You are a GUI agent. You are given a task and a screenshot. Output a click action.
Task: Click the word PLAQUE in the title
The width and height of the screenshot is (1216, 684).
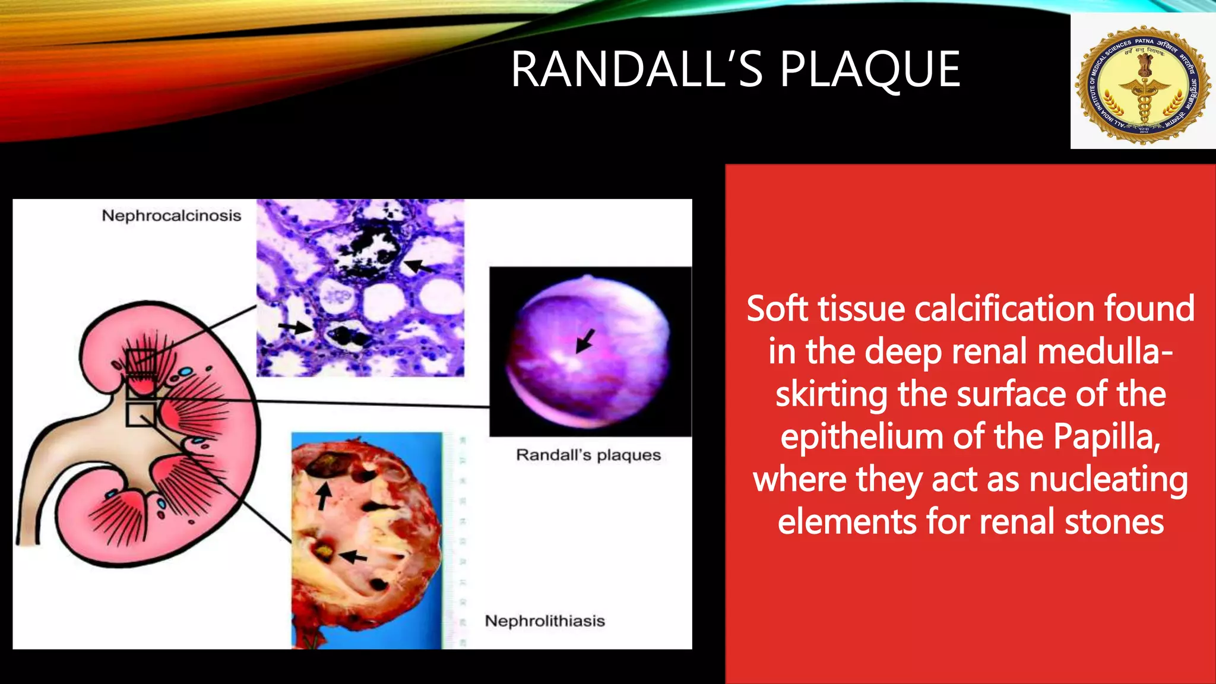(870, 70)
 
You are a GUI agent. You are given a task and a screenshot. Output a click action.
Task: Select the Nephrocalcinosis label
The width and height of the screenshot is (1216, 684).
(171, 216)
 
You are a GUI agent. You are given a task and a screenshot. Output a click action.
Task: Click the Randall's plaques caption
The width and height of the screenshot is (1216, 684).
(588, 455)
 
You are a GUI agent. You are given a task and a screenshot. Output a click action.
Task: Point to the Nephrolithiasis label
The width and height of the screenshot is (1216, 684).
(544, 621)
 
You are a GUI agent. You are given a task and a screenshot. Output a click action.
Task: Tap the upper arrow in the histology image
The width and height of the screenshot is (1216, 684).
(418, 266)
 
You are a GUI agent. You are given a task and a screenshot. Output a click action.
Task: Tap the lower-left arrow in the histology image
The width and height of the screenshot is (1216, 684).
(296, 327)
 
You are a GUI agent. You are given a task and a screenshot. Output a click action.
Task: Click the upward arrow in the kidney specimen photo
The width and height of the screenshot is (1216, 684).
(323, 495)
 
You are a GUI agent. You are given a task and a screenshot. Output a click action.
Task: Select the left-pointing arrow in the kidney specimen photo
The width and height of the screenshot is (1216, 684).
(353, 557)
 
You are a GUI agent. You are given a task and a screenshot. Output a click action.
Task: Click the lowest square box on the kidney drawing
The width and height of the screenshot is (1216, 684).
(141, 414)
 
